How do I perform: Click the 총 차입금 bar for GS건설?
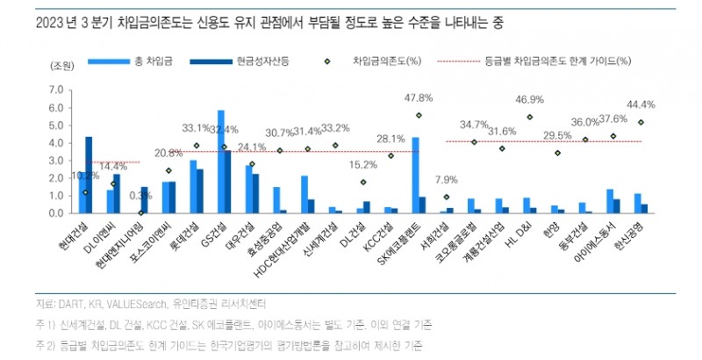click(x=221, y=162)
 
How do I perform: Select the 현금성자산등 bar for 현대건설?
click(x=89, y=175)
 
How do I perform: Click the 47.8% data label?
click(x=417, y=97)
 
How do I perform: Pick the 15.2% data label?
click(x=362, y=164)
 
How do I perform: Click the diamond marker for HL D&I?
click(x=529, y=117)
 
